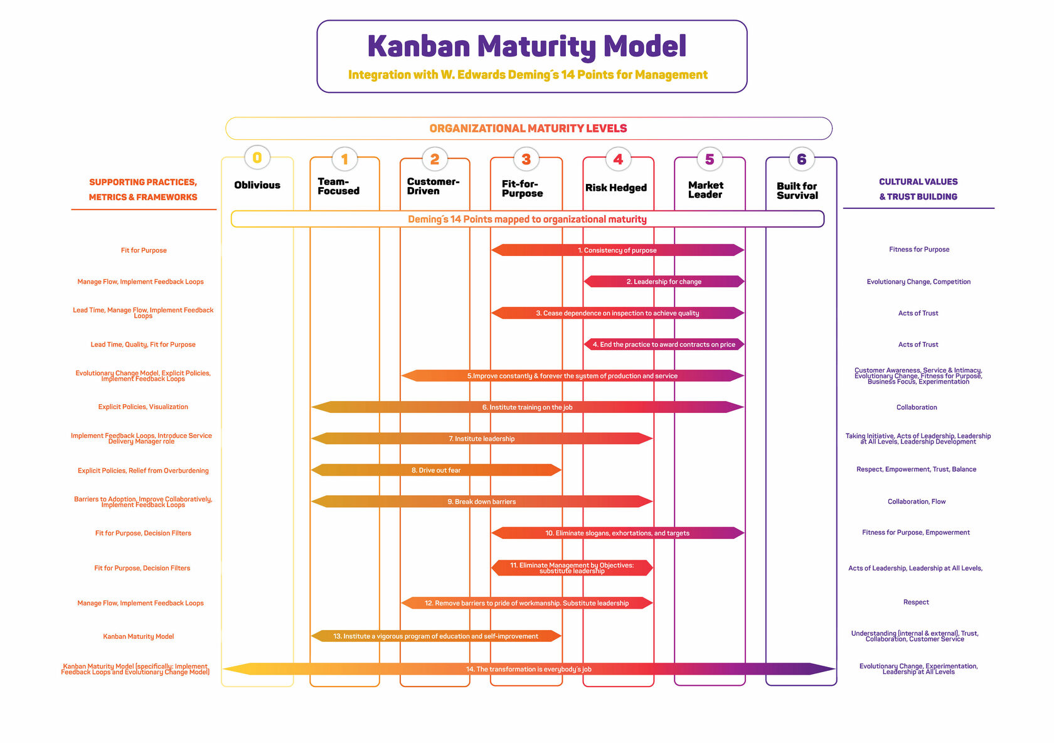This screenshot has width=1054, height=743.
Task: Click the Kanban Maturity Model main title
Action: tap(526, 46)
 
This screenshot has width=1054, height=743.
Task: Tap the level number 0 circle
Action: tap(257, 158)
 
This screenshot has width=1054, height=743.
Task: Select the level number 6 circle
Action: tap(801, 159)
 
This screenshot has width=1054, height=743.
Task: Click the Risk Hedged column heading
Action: tap(616, 188)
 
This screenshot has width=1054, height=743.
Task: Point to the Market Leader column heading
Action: tap(706, 190)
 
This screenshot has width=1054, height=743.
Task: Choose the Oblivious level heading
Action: tap(257, 185)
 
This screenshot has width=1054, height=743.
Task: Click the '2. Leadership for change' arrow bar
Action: tap(664, 282)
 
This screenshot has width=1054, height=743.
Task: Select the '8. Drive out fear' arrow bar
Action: tap(436, 470)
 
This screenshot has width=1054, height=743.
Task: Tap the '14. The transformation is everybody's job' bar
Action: tap(528, 669)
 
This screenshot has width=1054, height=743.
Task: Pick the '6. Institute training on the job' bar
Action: tap(527, 407)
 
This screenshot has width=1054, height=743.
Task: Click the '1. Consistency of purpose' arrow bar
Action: tap(617, 250)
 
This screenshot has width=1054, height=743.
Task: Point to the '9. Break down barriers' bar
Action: tap(482, 501)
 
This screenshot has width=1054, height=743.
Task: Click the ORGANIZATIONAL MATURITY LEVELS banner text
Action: tap(528, 129)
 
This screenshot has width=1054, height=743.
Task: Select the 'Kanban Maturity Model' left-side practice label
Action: tap(139, 636)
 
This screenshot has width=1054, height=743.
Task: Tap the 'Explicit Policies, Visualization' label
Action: tap(143, 407)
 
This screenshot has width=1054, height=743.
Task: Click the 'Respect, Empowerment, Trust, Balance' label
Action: tap(916, 469)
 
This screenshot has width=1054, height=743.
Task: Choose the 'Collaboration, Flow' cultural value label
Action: tap(917, 501)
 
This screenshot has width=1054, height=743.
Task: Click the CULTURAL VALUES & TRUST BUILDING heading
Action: tap(918, 189)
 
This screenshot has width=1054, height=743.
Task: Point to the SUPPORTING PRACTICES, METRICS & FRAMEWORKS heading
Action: tap(143, 190)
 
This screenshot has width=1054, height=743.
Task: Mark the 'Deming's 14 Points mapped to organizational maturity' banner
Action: tap(527, 219)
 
